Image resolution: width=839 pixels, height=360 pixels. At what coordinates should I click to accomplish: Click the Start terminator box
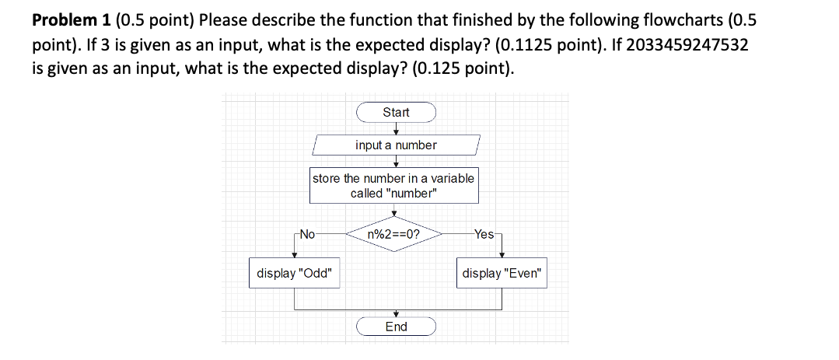point(396,113)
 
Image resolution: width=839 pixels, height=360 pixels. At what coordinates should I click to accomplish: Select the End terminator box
point(396,327)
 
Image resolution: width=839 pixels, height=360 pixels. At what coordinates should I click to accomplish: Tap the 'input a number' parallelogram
point(396,145)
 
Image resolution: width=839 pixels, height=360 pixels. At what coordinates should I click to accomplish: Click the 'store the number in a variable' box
point(393,186)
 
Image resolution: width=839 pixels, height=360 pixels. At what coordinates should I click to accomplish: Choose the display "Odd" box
point(295,274)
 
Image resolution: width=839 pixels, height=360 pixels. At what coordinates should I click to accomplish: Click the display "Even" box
point(503,274)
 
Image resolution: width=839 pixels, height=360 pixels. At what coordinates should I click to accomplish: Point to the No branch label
point(307,233)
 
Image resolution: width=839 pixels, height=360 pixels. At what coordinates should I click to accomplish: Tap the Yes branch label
point(483,233)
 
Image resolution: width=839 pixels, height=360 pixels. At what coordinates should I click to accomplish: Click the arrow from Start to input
point(396,128)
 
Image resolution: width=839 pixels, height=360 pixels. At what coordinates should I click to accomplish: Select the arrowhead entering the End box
point(396,314)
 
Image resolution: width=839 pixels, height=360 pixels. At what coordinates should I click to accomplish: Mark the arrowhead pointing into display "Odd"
point(294,255)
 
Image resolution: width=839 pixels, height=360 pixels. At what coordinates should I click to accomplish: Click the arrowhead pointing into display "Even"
point(502,255)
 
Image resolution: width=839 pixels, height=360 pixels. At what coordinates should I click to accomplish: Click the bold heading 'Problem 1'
point(69,19)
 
